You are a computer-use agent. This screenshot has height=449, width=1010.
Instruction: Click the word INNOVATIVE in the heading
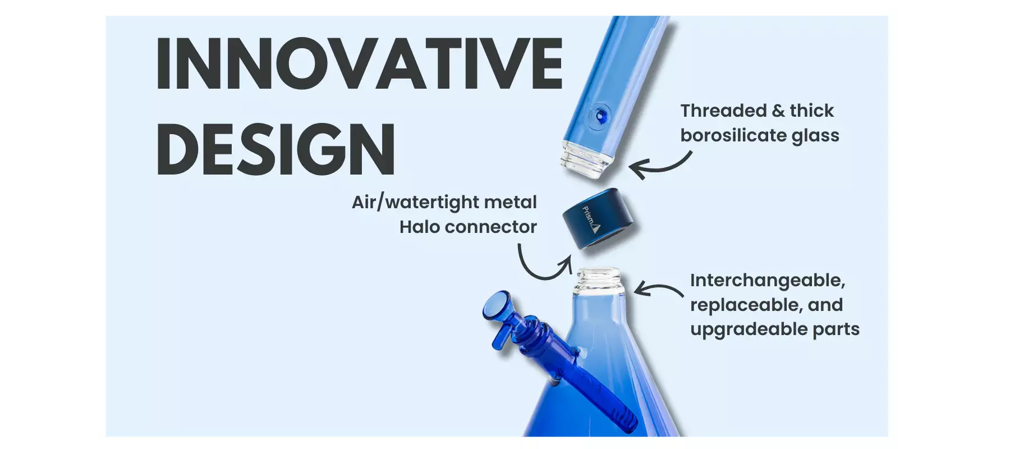point(359,63)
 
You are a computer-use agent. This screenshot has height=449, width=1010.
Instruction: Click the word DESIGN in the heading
point(276,149)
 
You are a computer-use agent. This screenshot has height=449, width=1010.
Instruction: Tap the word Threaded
point(723,111)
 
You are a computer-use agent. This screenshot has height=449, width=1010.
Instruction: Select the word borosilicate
point(733,135)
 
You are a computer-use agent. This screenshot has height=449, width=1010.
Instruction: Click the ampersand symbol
point(778,111)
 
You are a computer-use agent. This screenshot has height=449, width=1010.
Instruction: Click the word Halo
point(419,227)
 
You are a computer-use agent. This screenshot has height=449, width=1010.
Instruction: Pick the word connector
point(491,227)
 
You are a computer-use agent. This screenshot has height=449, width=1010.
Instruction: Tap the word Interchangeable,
point(767,280)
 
